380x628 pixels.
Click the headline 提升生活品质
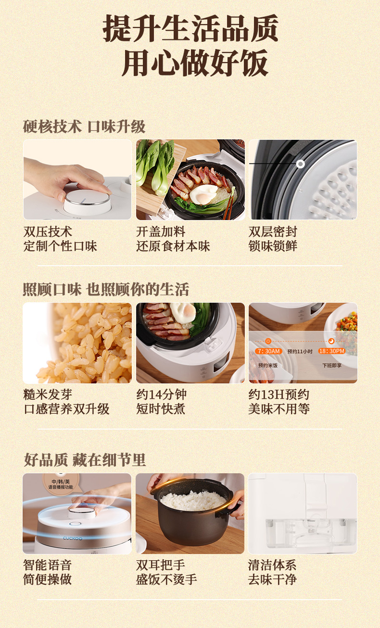pyautogui.click(x=190, y=28)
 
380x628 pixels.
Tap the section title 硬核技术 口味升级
pyautogui.click(x=84, y=126)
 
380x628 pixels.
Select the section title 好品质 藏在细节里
pyautogui.click(x=85, y=460)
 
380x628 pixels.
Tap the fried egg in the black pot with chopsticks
pyautogui.click(x=203, y=194)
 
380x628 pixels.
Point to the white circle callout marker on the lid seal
pyautogui.click(x=300, y=164)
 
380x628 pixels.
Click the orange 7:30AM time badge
pyautogui.click(x=268, y=351)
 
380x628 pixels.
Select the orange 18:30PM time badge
pyautogui.click(x=332, y=351)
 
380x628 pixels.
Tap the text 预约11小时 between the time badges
pyautogui.click(x=300, y=352)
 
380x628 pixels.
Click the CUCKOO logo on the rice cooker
pyautogui.click(x=73, y=538)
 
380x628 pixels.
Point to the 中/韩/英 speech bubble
pyautogui.click(x=61, y=484)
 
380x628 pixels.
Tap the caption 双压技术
pyautogui.click(x=48, y=232)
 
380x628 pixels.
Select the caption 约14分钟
pyautogui.click(x=161, y=394)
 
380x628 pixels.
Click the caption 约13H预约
pyautogui.click(x=279, y=394)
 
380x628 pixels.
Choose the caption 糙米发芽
pyautogui.click(x=48, y=394)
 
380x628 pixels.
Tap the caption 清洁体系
pyautogui.click(x=272, y=565)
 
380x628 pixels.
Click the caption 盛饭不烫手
pyautogui.click(x=166, y=579)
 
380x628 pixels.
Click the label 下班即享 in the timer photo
pyautogui.click(x=332, y=365)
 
